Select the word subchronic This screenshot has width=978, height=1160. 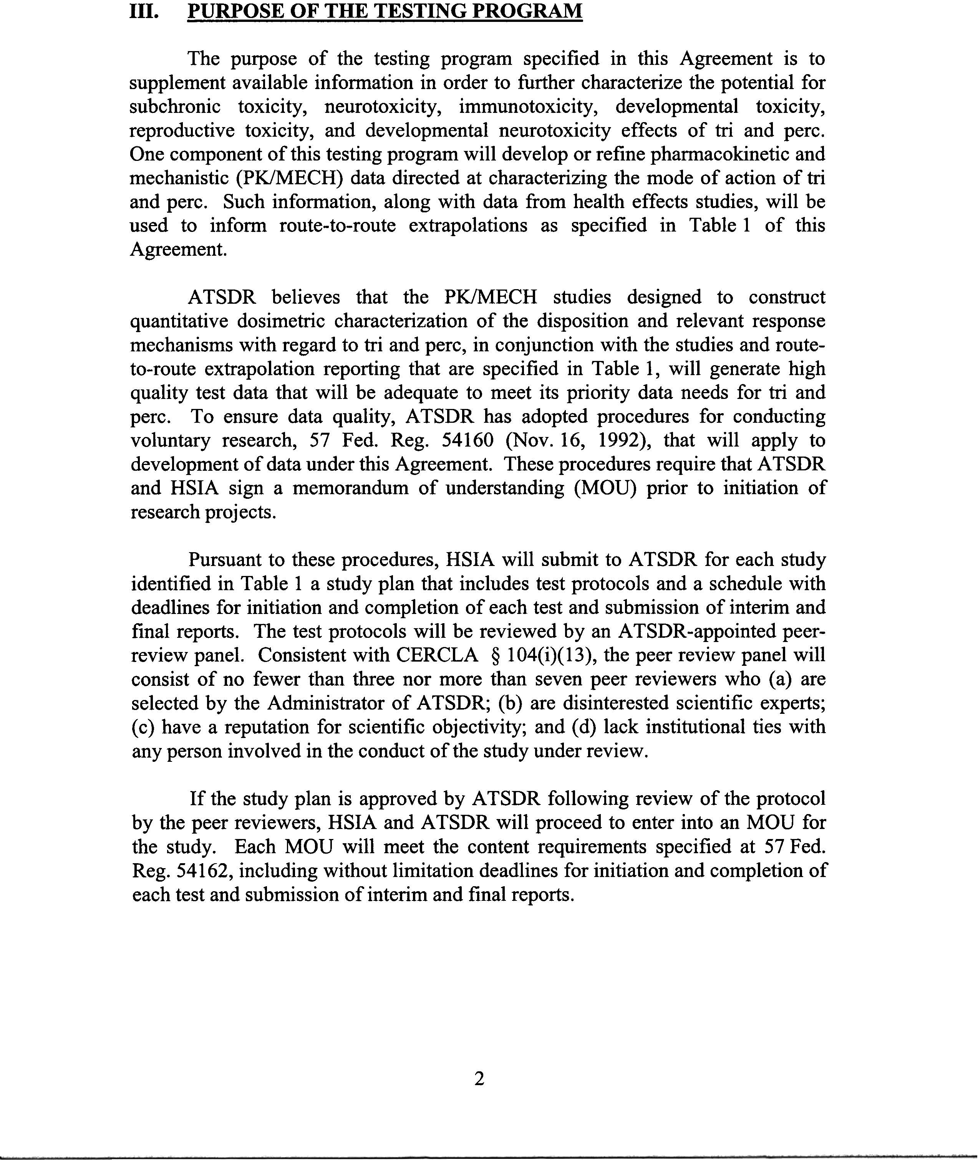point(175,106)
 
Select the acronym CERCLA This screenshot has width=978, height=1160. point(437,655)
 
